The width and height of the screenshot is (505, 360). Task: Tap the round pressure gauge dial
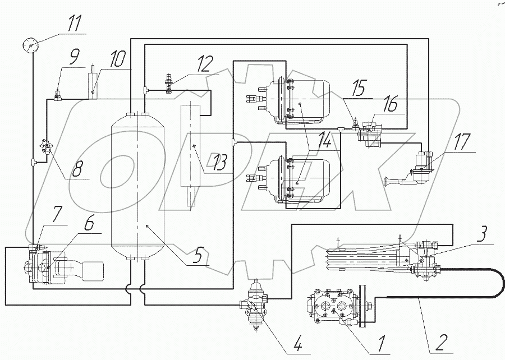(x=31, y=45)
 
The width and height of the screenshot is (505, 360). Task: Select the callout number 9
(x=73, y=59)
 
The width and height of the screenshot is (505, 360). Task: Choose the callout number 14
(x=323, y=141)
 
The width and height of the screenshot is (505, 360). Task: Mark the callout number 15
(x=359, y=88)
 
